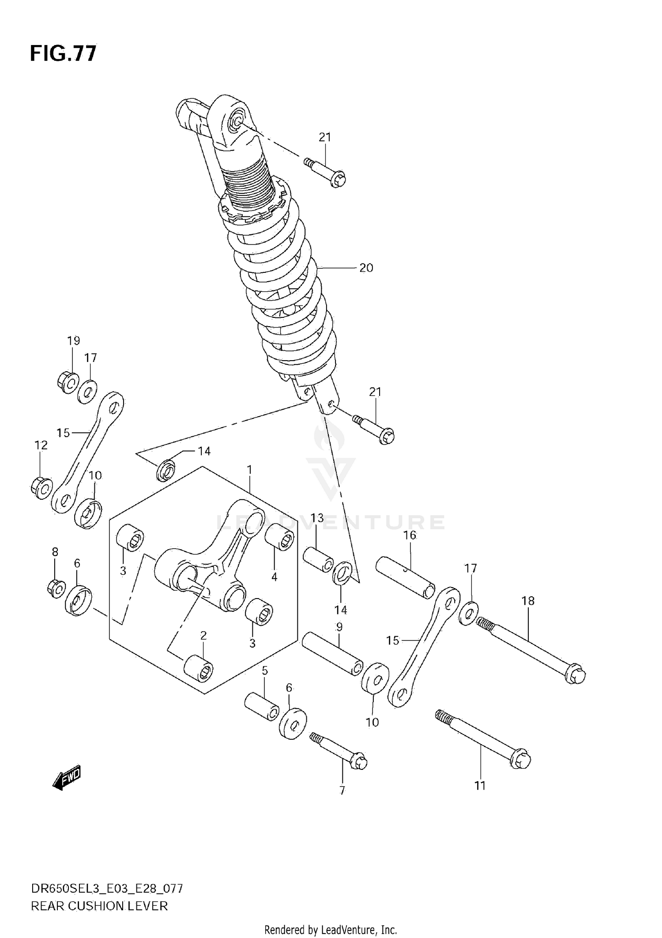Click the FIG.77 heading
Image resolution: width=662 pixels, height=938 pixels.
pos(63,54)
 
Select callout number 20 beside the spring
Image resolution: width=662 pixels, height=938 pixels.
pos(366,268)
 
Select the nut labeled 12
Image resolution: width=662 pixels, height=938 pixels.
pos(41,488)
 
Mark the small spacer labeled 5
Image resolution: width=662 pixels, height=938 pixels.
pos(262,707)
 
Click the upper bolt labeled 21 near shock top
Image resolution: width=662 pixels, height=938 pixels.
pos(327,173)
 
